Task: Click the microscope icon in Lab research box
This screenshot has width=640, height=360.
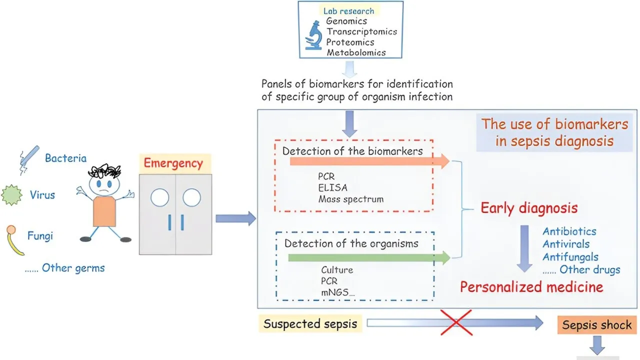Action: pos(314,36)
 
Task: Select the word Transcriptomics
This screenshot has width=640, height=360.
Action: pos(361,31)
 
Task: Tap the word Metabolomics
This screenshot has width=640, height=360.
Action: pos(356,52)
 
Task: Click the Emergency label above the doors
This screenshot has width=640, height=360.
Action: pos(173,163)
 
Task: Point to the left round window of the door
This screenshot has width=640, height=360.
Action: pos(159,198)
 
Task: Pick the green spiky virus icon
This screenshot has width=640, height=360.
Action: pos(13,195)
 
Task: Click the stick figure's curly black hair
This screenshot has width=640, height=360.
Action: pos(103,172)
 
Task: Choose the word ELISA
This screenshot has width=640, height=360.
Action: pos(332,188)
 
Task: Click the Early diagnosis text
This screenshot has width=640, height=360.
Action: pos(529,208)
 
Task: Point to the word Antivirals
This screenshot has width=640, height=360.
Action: pos(566,244)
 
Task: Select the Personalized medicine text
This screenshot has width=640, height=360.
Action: pos(531,287)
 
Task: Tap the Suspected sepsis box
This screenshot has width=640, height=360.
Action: pos(310,324)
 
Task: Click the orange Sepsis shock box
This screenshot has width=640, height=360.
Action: pos(596,325)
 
